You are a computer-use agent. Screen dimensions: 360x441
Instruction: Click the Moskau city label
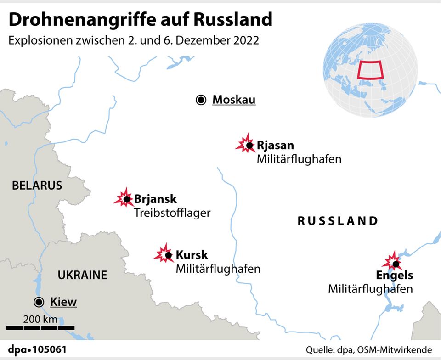[x=233, y=100]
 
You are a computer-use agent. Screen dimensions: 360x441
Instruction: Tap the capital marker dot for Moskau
[x=201, y=100]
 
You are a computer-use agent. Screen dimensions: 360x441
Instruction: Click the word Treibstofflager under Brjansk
[x=172, y=213]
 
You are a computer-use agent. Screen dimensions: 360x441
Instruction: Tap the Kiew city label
[x=63, y=302]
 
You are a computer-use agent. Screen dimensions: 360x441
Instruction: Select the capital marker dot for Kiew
[x=39, y=302]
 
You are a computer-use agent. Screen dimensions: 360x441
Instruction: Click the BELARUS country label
[x=37, y=186]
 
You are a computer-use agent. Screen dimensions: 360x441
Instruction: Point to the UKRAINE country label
[x=82, y=275]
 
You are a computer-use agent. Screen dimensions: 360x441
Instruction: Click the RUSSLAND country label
[x=338, y=221]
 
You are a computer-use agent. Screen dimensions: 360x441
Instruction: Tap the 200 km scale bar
[x=40, y=327]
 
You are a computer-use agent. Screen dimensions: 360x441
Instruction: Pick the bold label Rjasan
[x=275, y=146]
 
